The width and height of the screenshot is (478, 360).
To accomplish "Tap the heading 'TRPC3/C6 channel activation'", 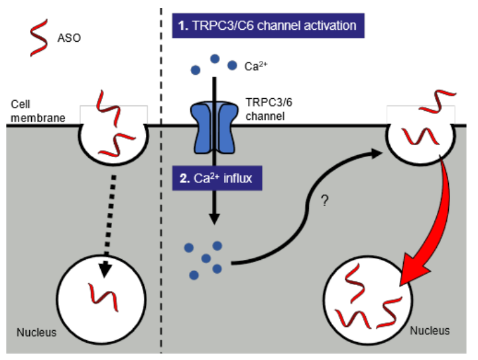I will (x=267, y=26).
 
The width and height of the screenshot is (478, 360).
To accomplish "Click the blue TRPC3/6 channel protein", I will (x=214, y=127).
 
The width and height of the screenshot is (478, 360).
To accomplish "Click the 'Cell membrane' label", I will (x=34, y=111).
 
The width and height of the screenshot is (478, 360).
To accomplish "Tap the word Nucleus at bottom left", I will (x=37, y=332).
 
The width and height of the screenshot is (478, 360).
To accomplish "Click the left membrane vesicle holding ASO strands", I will (x=112, y=133).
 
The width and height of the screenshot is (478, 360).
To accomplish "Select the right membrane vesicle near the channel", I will (x=420, y=135).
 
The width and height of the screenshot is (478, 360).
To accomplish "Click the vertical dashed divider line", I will (x=162, y=199).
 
